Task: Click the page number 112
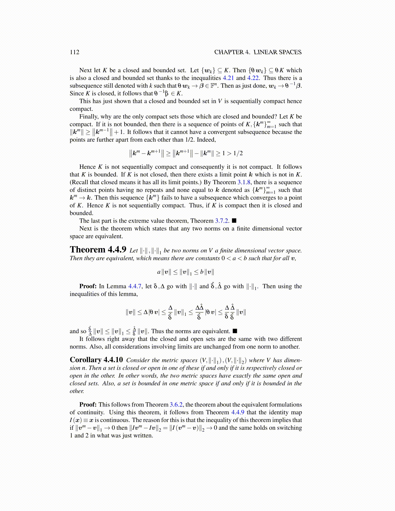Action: pos(74,52)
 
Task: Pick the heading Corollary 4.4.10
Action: pos(96,360)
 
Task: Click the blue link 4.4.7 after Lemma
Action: pos(135,286)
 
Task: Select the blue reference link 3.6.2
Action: pos(176,405)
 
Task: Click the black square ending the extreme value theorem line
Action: pos(234,221)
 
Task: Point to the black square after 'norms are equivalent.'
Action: pos(235,331)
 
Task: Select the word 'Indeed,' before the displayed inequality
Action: pos(206,140)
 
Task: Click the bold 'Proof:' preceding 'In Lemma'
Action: pos(88,286)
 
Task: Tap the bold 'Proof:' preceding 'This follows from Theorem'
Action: pos(88,405)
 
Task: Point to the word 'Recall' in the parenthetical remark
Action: pos(81,182)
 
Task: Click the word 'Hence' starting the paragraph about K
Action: pos(87,167)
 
